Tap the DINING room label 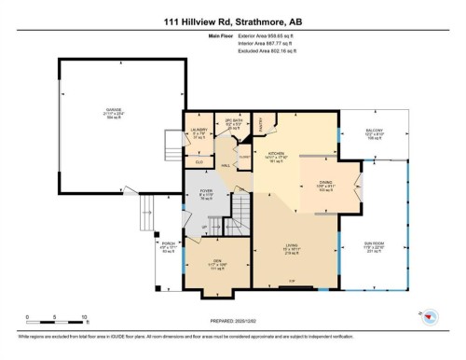(323, 183)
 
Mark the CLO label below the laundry (199, 162)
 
